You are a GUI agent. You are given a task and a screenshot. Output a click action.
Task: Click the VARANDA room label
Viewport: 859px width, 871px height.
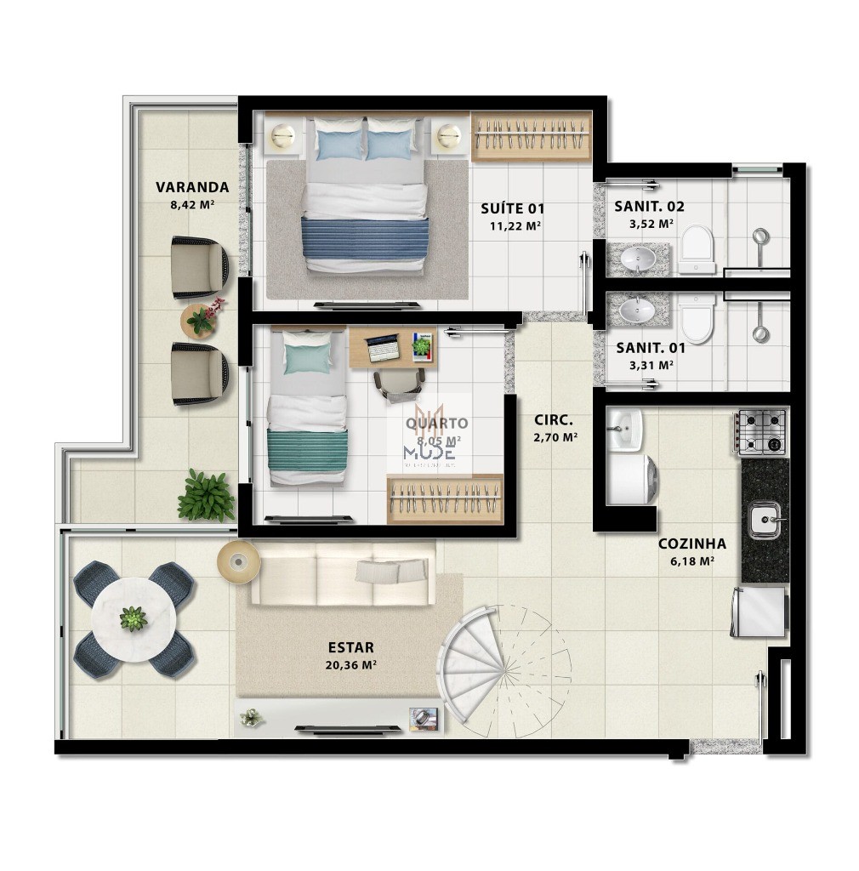click(x=192, y=187)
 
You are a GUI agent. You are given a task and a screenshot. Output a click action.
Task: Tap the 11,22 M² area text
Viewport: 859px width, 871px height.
click(x=515, y=225)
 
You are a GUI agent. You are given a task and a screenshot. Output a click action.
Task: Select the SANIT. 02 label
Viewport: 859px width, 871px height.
click(x=650, y=207)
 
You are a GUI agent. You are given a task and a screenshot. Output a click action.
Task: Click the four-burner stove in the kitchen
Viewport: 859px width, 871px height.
click(x=763, y=432)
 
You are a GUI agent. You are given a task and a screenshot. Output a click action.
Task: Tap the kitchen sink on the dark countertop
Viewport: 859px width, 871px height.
click(x=763, y=520)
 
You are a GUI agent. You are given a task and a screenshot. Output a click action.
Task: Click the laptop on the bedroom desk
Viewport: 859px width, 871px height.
click(x=382, y=345)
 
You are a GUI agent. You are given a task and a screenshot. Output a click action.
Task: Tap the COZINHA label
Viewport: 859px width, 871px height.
click(x=691, y=544)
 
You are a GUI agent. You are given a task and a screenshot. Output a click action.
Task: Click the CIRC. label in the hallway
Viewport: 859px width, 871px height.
click(x=554, y=420)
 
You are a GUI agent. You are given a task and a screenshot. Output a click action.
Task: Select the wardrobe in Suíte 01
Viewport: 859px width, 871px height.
click(x=531, y=136)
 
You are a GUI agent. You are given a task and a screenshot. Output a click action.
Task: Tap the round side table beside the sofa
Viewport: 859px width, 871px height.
click(x=237, y=561)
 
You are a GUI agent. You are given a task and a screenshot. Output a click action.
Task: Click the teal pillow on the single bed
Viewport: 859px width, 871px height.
click(x=304, y=360)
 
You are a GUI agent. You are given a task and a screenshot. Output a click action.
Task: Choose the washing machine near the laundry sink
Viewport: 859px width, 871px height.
click(x=631, y=482)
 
